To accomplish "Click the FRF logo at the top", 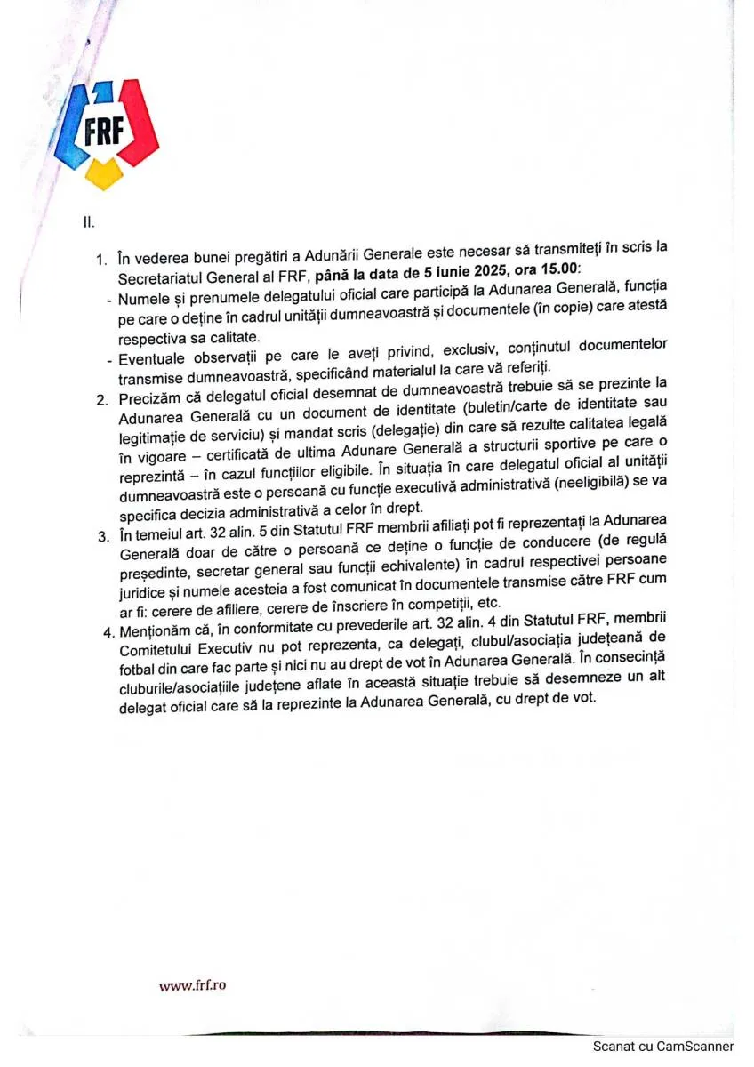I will (105, 132).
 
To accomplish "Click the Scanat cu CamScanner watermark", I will (663, 1047).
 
